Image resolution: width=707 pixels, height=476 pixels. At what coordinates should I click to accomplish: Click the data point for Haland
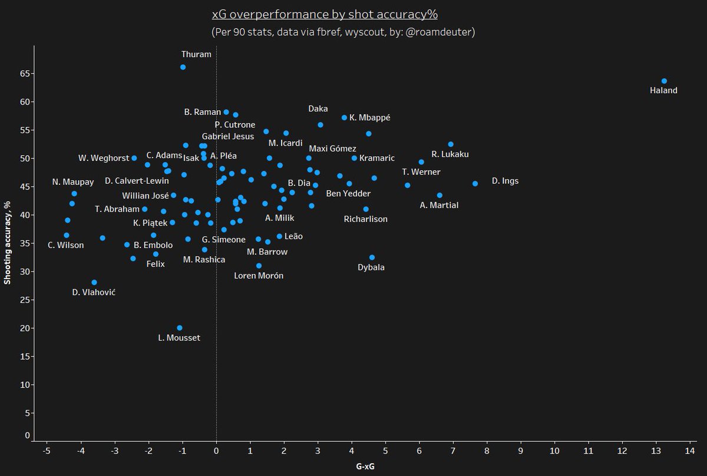tap(664, 81)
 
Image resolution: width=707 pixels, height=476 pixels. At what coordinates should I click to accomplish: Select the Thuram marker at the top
tap(183, 67)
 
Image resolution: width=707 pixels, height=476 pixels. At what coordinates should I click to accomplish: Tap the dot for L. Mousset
tap(180, 328)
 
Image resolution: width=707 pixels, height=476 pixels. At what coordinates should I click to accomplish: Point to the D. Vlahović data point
tap(94, 282)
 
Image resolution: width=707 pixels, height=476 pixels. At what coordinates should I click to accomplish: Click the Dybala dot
tap(372, 257)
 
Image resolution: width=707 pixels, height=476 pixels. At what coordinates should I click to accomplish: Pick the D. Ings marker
tap(475, 183)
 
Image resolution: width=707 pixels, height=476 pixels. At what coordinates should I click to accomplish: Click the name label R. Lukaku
tap(450, 154)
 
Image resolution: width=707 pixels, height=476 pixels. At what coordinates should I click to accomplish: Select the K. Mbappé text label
tap(370, 118)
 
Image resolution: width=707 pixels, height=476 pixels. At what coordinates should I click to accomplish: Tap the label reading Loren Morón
tap(259, 276)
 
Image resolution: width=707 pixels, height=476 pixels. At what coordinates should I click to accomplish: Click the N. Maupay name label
tap(73, 182)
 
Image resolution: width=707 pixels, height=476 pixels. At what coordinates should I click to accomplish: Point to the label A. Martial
tap(439, 205)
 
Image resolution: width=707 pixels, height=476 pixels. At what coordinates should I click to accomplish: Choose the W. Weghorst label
tap(104, 158)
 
